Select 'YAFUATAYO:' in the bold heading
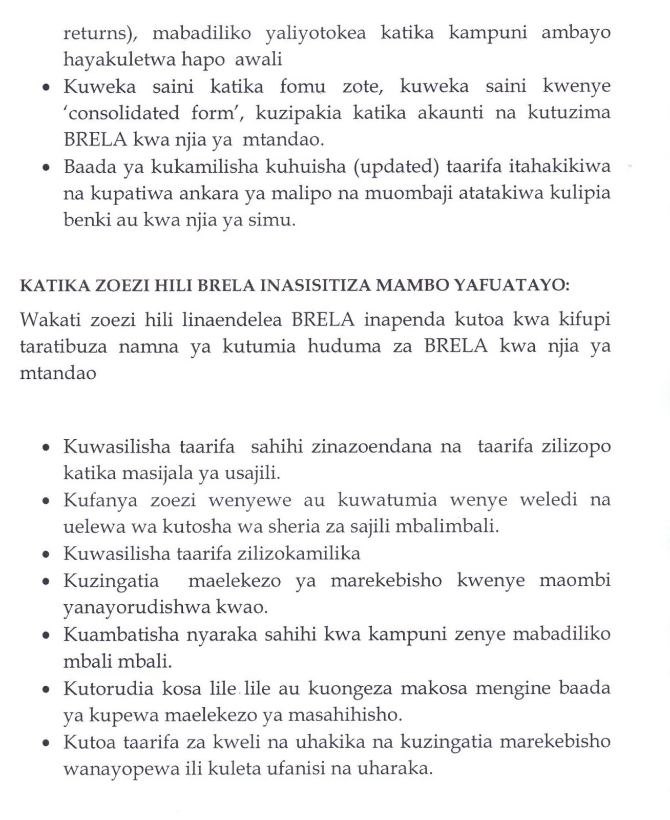tap(512, 285)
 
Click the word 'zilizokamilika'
tap(299, 553)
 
